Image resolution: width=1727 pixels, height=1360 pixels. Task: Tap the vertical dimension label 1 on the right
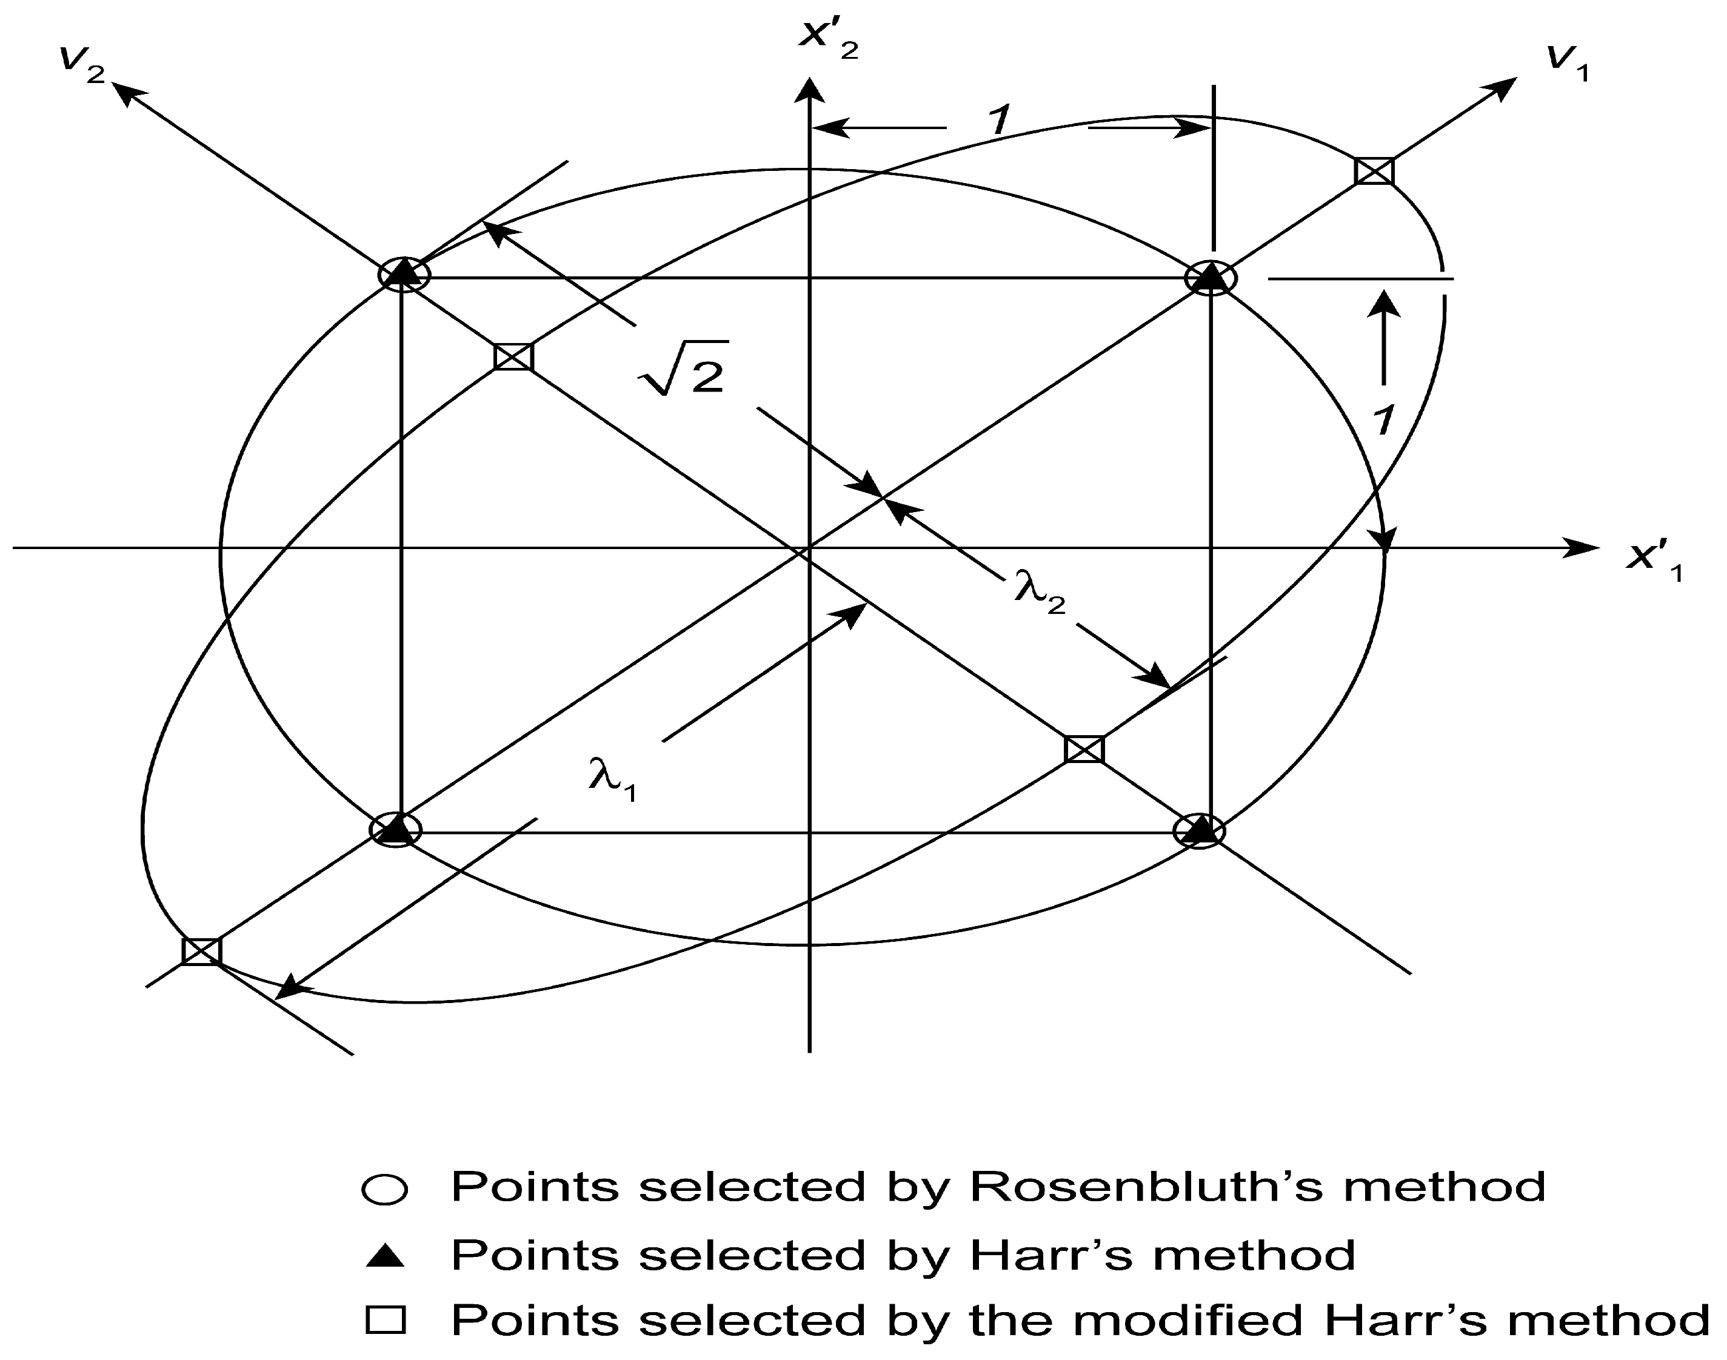pos(1384,419)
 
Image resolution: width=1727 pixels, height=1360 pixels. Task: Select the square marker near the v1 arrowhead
pos(1374,171)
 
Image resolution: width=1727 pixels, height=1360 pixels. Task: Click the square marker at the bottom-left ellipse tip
pos(201,951)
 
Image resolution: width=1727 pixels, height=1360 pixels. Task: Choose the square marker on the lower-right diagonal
pos(1084,749)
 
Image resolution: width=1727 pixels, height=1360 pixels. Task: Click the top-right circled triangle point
pos(1211,278)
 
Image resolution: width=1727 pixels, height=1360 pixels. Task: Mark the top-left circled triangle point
pos(404,275)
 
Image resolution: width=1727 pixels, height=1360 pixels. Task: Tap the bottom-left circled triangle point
pos(396,830)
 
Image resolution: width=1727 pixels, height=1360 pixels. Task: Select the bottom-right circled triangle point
pos(1200,830)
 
